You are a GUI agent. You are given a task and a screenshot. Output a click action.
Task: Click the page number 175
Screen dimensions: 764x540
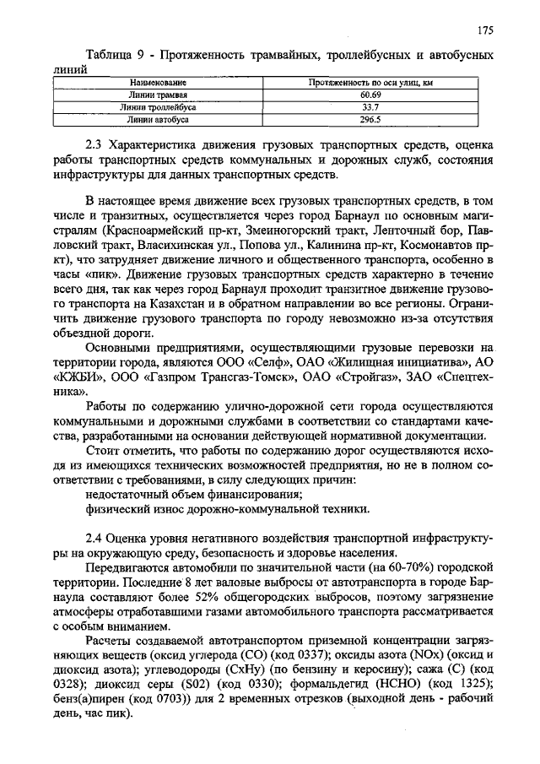click(484, 31)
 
